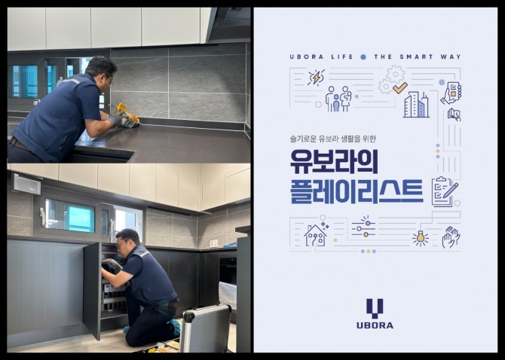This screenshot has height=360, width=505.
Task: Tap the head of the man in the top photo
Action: [101, 73]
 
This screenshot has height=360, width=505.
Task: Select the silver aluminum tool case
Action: [204, 329]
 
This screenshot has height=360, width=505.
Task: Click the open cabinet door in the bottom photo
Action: [91, 290]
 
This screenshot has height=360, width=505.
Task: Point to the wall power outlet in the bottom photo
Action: [214, 243]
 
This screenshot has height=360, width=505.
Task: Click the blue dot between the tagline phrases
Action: [363, 56]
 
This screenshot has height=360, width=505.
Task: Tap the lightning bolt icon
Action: [317, 78]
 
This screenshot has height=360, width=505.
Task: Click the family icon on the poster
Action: [338, 99]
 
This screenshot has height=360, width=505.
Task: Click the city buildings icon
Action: [415, 105]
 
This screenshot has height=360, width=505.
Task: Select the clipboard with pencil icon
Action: [443, 191]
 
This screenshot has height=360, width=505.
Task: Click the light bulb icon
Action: [420, 238]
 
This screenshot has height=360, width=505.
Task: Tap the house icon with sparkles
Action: [315, 234]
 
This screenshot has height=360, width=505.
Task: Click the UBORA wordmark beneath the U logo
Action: [375, 325]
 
